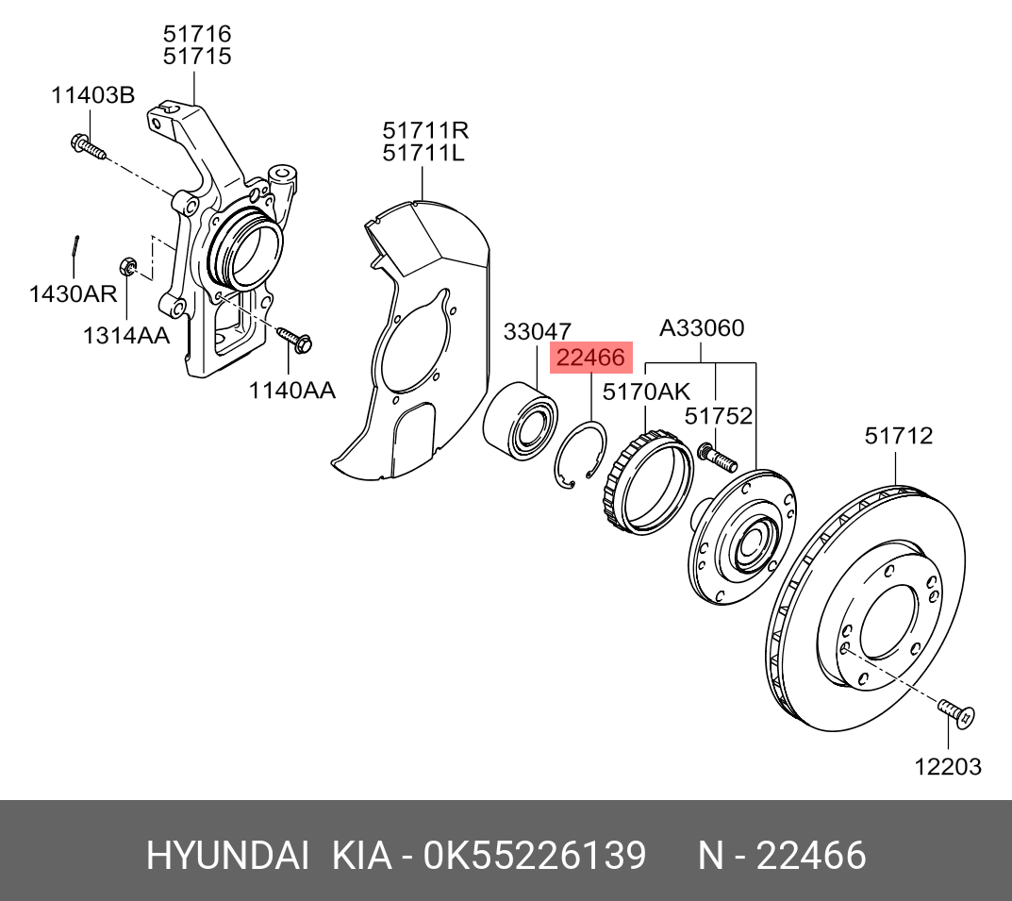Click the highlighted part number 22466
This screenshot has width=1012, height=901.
click(x=591, y=359)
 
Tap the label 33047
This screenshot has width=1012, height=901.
click(x=537, y=332)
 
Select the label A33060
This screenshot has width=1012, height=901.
click(x=701, y=329)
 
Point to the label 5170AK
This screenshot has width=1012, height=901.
click(x=646, y=392)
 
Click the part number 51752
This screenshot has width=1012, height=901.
click(x=718, y=416)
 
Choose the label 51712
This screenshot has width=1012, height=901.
click(x=899, y=436)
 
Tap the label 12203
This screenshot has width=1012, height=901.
click(x=947, y=766)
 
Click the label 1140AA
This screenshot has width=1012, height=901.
click(x=291, y=390)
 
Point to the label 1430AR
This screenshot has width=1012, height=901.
click(x=73, y=293)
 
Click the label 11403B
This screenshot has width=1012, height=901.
click(x=92, y=94)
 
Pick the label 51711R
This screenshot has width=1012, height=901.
click(x=425, y=129)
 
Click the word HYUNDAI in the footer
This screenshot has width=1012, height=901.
click(x=226, y=856)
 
